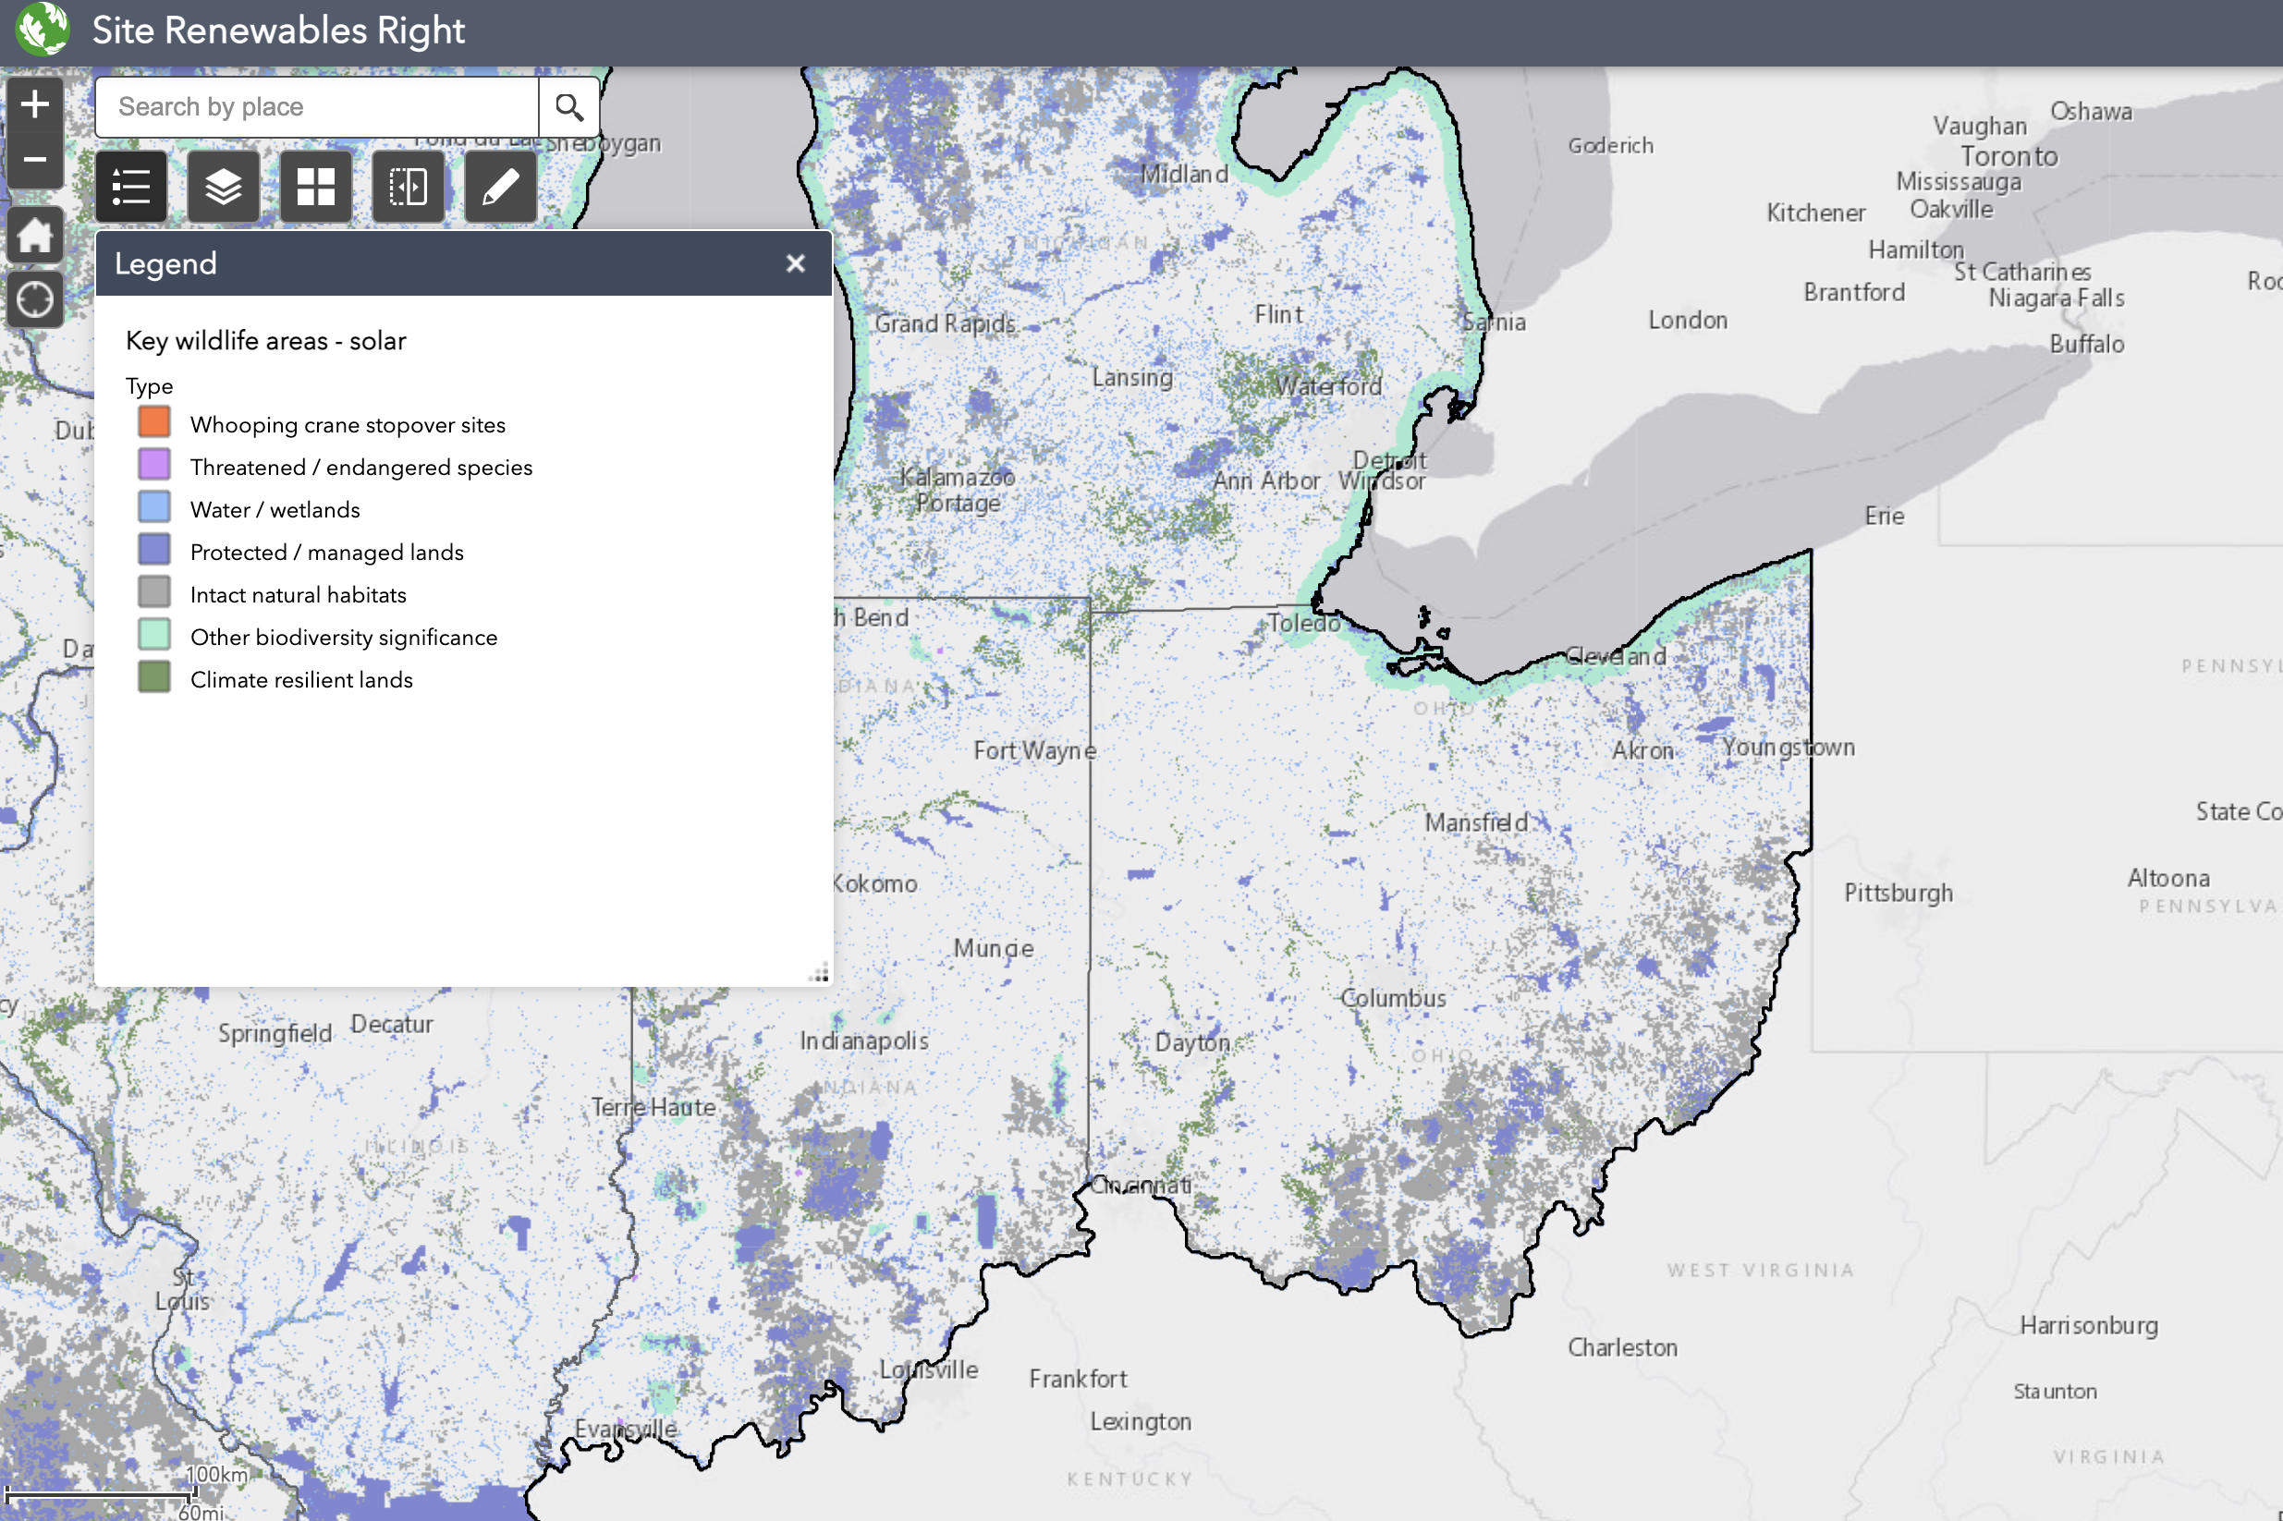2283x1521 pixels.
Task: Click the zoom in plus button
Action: [x=35, y=103]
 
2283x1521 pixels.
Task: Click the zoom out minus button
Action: [x=35, y=159]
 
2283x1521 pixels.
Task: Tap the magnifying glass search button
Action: [x=569, y=106]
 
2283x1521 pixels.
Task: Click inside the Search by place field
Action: [x=316, y=106]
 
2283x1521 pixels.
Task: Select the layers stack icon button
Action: [x=223, y=187]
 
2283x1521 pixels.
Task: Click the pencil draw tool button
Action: [x=501, y=187]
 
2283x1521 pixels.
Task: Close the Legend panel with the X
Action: [x=796, y=264]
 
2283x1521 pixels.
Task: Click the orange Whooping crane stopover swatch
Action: [x=154, y=423]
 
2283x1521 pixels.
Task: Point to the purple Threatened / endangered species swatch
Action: [x=154, y=466]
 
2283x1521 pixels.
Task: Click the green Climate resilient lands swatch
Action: [x=154, y=678]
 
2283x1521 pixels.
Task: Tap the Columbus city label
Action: [x=1393, y=997]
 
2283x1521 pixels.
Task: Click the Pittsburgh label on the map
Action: [x=1898, y=893]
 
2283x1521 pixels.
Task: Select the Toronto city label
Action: [x=2008, y=156]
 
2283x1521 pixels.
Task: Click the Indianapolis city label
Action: [x=863, y=1040]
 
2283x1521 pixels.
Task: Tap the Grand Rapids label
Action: [x=945, y=323]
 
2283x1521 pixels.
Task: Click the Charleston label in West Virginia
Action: [x=1622, y=1347]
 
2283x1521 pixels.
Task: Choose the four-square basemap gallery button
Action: [x=315, y=187]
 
